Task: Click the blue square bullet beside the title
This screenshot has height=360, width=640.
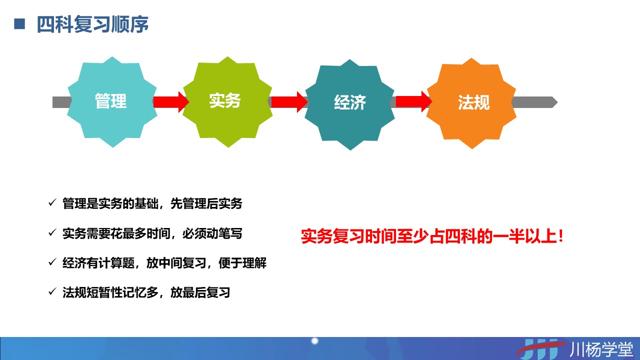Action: click(19, 23)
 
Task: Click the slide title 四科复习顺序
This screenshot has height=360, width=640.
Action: click(92, 24)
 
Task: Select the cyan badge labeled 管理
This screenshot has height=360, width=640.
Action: click(112, 102)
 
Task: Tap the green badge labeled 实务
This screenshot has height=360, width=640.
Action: click(227, 102)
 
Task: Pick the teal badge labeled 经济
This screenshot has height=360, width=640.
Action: click(349, 104)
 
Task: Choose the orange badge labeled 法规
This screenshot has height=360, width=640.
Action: click(471, 103)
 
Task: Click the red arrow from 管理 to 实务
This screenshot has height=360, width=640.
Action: click(171, 102)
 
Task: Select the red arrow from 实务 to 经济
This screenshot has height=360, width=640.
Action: click(289, 102)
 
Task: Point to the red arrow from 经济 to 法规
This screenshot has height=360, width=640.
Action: click(413, 101)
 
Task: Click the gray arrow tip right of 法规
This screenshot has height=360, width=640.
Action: click(555, 102)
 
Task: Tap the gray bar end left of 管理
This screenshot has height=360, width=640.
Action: click(53, 102)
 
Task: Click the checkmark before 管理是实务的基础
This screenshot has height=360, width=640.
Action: click(52, 203)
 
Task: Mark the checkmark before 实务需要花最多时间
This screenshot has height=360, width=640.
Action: click(52, 232)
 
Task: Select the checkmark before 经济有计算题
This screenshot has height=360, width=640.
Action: click(52, 262)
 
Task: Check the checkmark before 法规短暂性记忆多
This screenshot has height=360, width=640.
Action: click(52, 291)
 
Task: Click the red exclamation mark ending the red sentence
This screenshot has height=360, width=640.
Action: click(560, 236)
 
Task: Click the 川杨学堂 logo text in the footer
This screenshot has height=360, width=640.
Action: click(601, 349)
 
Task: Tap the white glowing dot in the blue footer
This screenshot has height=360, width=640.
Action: click(314, 341)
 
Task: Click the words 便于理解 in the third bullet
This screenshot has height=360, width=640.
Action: click(242, 263)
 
